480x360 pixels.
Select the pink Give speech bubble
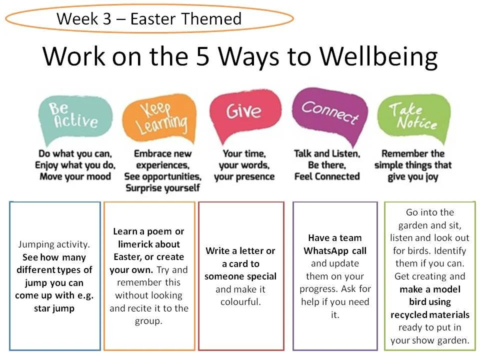[244, 113]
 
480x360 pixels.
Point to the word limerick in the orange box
[139, 244]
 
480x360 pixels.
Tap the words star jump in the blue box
[54, 308]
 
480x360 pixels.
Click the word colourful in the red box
[241, 302]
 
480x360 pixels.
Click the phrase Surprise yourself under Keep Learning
[162, 188]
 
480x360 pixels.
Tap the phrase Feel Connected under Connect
[327, 176]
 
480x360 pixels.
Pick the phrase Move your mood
[75, 176]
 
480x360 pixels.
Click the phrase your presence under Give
[244, 176]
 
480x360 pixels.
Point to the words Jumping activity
[54, 244]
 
